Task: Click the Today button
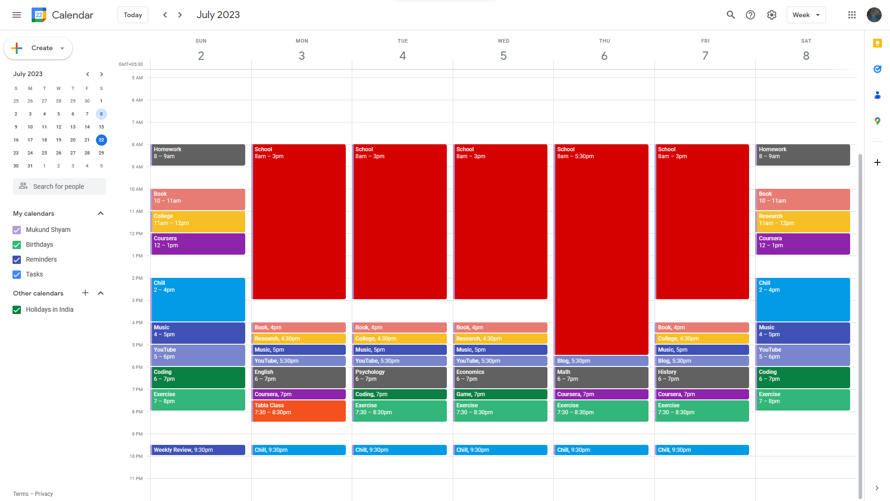tap(133, 15)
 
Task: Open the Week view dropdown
tap(806, 15)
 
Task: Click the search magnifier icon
tap(731, 15)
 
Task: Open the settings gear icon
tap(771, 15)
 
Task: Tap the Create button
tap(38, 48)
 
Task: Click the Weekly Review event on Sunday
tap(198, 450)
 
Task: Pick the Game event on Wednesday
tap(500, 394)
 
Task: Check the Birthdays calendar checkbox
tap(17, 245)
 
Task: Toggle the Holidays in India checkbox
tap(17, 310)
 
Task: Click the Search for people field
tap(59, 186)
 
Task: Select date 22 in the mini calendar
tap(101, 140)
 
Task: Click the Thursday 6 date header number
tap(604, 56)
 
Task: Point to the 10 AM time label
tap(136, 189)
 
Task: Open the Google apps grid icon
tap(852, 15)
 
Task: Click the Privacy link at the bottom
tap(44, 494)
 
